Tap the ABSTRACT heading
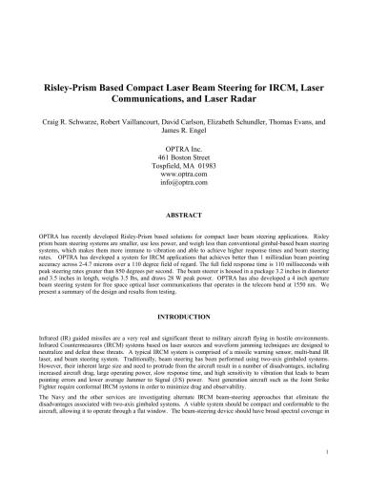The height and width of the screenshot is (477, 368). [184, 216]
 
